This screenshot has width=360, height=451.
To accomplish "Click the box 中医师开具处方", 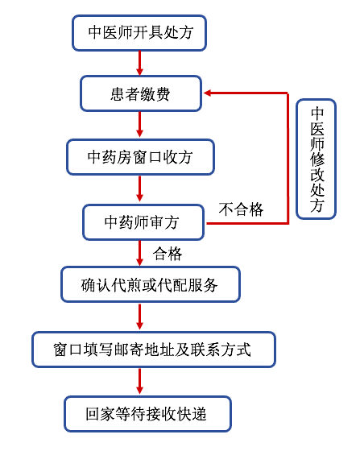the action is coord(139,33).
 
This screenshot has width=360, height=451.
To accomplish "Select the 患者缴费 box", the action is coord(141,93).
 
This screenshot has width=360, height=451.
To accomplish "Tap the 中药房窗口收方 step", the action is coord(141,157).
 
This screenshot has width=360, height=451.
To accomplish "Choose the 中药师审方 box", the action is coord(143,222).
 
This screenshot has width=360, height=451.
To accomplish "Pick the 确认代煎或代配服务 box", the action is coord(151,284).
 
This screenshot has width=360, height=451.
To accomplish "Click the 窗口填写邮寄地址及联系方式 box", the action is coord(154,350).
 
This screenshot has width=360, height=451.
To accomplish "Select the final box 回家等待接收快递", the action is coord(148,414).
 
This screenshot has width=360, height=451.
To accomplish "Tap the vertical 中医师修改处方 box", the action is coord(316,159).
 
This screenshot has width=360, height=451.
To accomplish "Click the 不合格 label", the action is coord(241,209).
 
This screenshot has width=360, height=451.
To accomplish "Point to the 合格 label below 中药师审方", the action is coord(168,254).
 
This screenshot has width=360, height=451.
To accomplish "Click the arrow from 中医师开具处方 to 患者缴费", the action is coord(140,64).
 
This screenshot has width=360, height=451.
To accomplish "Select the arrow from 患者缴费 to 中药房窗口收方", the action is coord(140,124).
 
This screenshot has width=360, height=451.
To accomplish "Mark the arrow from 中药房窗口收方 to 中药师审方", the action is coord(140,188).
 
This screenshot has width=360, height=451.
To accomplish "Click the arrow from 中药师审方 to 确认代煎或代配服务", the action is coord(140,253).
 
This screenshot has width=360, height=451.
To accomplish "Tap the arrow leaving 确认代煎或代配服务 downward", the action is coord(140,317).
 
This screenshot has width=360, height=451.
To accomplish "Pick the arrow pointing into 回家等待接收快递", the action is coord(140,381).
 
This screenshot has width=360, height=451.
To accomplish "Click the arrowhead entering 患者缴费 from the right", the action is coord(208,93).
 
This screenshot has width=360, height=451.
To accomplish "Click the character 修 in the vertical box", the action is coord(317,159).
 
